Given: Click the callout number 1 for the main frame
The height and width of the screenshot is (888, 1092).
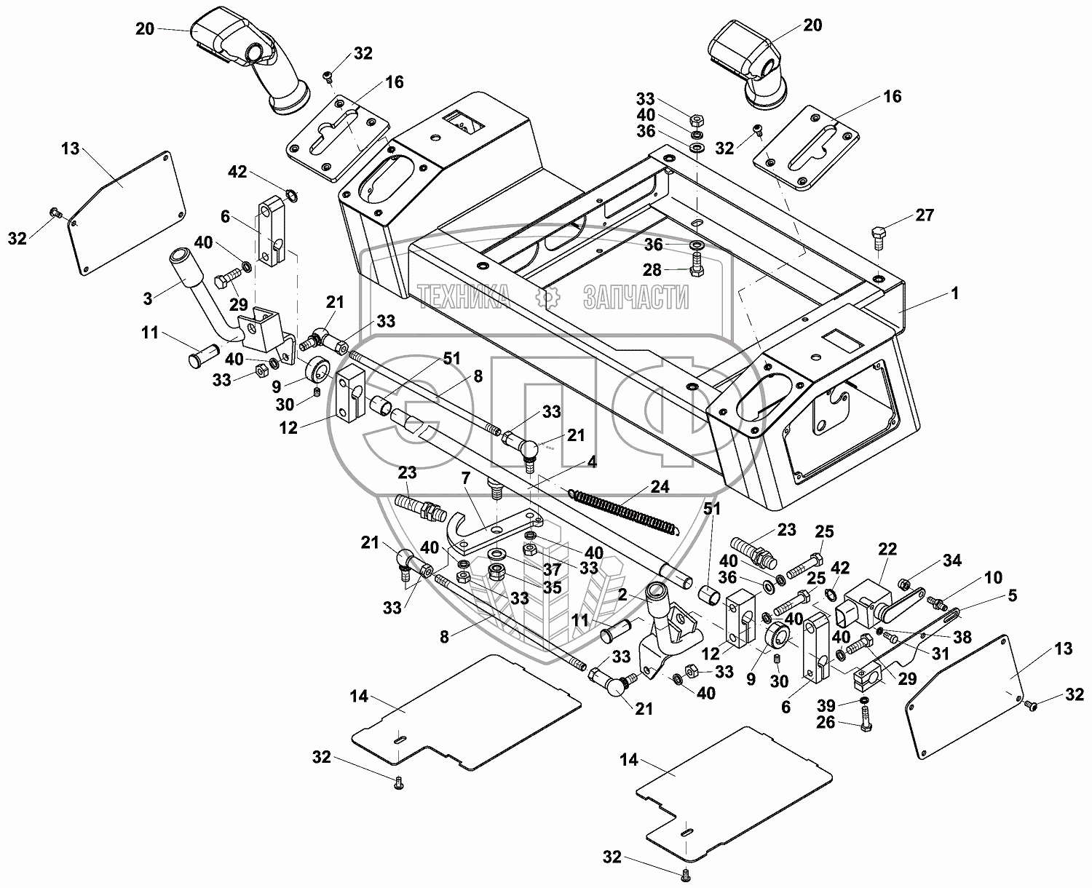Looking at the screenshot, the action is click(x=954, y=293).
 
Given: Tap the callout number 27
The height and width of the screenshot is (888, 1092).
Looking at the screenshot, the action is click(x=925, y=215).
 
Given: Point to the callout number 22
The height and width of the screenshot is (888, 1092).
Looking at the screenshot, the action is click(x=887, y=550).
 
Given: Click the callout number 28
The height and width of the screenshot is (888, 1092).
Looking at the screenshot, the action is click(x=652, y=270).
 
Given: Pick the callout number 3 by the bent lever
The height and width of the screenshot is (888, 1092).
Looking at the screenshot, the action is click(x=148, y=298).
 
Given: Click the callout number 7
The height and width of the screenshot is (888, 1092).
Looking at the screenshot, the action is click(x=465, y=479).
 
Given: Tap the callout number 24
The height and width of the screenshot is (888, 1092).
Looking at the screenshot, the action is click(x=660, y=486).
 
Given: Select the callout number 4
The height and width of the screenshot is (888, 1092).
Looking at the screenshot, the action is click(x=592, y=462).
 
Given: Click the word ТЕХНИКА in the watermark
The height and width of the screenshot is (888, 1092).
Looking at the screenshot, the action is click(x=464, y=297).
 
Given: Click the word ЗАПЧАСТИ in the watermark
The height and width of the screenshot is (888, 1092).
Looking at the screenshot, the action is click(x=636, y=297).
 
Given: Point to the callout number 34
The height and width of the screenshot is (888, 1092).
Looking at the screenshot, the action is click(x=952, y=560).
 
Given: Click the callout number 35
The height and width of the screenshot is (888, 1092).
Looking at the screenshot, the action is click(x=552, y=587).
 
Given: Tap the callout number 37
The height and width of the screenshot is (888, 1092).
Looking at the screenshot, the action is click(x=552, y=570).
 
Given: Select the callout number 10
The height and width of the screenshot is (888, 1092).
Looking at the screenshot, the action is click(x=993, y=577).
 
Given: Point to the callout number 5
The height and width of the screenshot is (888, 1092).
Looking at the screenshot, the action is click(x=1013, y=595).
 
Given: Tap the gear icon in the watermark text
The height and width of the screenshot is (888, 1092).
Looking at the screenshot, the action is click(x=547, y=297).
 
